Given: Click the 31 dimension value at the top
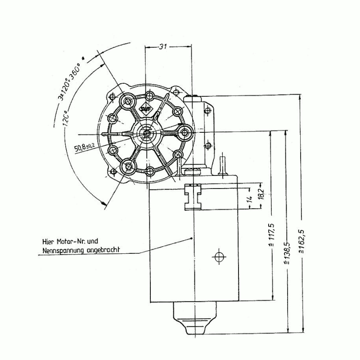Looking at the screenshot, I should pos(163,47).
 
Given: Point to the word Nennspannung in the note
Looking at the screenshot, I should pos(62,250).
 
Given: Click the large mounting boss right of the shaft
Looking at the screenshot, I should pos(185,132).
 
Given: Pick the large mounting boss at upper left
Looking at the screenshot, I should pos(128,101).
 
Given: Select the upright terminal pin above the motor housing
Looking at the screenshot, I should pos(222,164).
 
